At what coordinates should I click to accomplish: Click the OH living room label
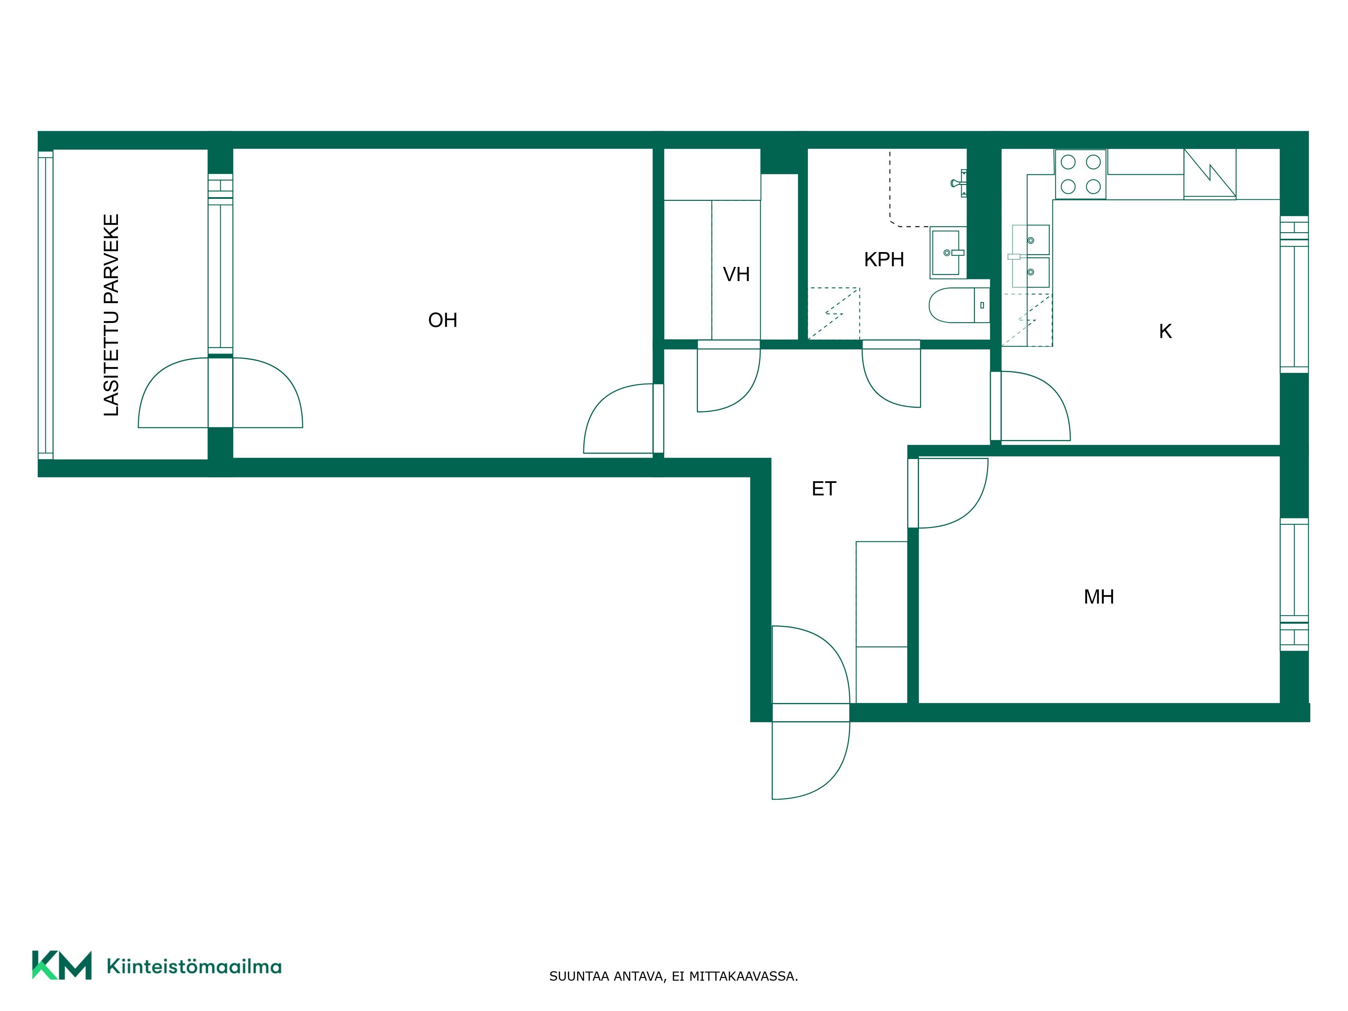(x=442, y=320)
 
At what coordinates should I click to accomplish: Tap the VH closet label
(x=736, y=274)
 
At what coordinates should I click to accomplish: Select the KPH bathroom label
(x=884, y=259)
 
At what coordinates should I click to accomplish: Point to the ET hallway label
(x=824, y=489)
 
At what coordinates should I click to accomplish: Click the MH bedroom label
(x=1099, y=596)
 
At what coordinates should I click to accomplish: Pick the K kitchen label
(x=1165, y=332)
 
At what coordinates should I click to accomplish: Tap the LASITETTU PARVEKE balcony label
(x=112, y=315)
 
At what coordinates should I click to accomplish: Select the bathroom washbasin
(x=948, y=252)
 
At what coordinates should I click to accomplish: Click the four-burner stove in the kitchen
(x=1080, y=174)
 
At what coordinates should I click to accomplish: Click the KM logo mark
(x=62, y=965)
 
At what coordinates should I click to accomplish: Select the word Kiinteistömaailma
(x=194, y=966)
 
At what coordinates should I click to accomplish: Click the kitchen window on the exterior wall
(x=1294, y=294)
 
